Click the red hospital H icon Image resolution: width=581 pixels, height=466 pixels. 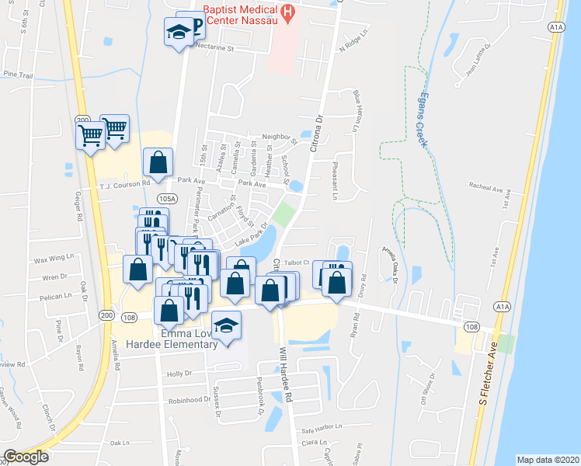coord(288,12)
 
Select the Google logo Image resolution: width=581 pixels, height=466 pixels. coord(26,457)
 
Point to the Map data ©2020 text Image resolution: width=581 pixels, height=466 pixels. coord(548,459)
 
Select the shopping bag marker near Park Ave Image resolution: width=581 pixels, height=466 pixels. coord(158,163)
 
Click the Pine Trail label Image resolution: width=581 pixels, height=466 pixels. coord(18,75)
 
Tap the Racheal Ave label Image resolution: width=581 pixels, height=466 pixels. coord(486,186)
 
